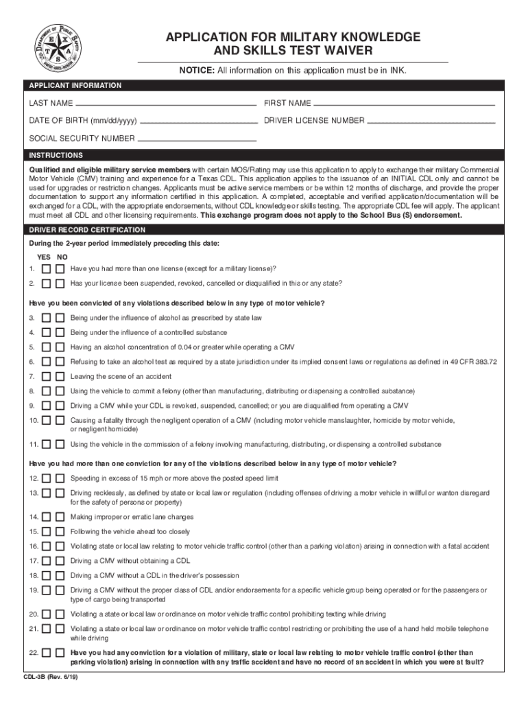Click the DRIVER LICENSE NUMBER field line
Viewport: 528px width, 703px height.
point(431,122)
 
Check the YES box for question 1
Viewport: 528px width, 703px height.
point(46,269)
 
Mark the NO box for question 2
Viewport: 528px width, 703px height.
point(60,284)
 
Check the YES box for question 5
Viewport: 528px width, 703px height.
point(46,347)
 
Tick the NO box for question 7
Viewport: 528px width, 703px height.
point(60,377)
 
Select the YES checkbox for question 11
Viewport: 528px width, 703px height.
point(46,445)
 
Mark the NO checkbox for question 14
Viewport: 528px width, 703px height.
point(60,518)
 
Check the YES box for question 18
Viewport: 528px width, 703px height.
point(46,575)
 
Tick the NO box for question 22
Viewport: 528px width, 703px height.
point(60,654)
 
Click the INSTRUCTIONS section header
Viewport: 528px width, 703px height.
point(56,156)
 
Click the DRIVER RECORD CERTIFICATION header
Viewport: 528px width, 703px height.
point(86,230)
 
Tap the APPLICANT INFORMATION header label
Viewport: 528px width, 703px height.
point(75,86)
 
